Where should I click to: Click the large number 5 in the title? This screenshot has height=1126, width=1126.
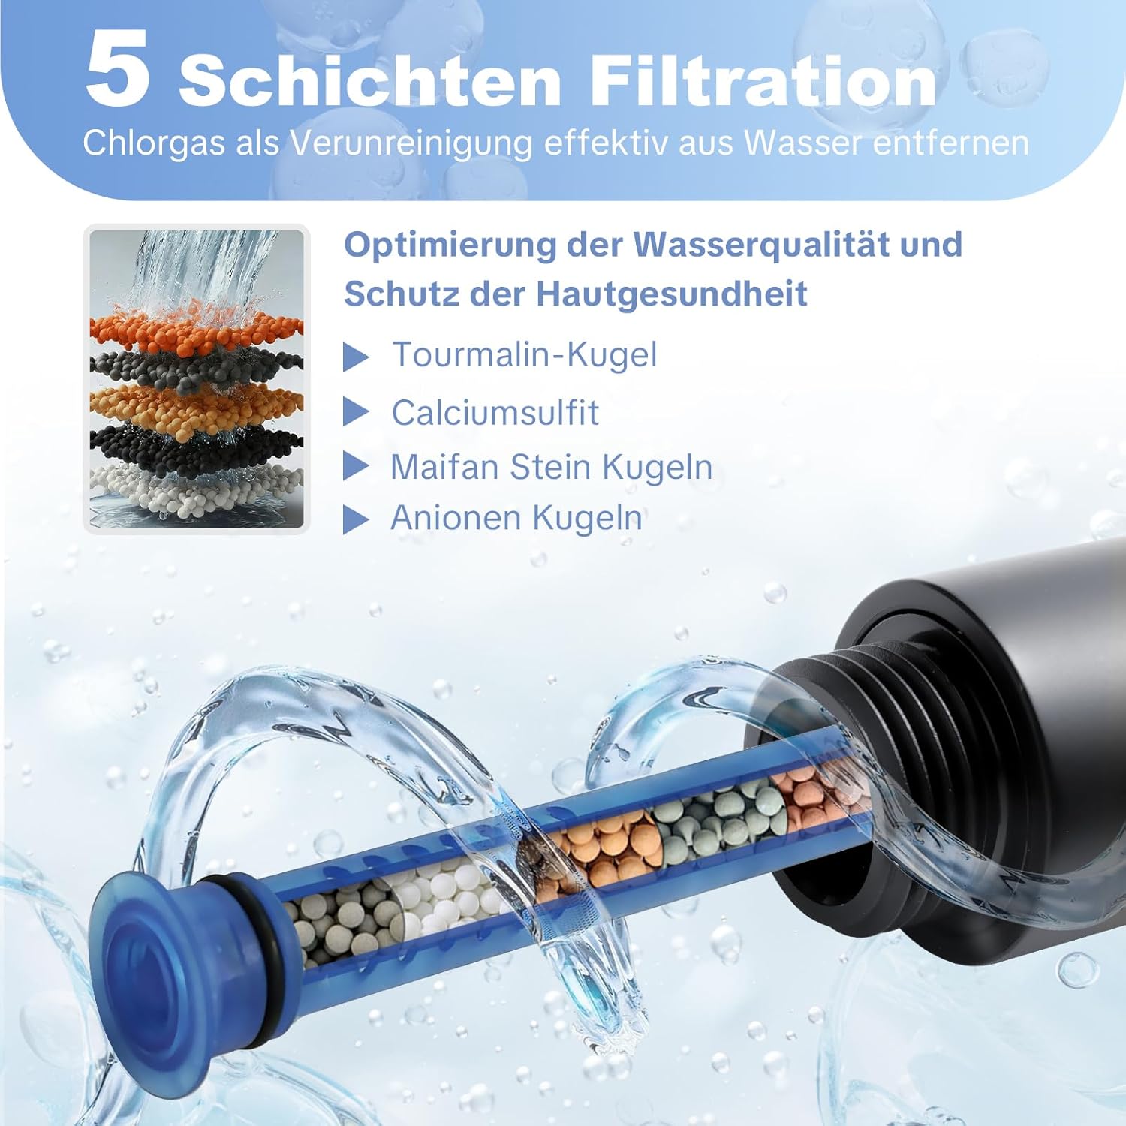(x=118, y=69)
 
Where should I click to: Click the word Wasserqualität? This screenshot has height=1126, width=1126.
(x=798, y=245)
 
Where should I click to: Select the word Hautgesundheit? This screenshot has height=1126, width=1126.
(x=671, y=294)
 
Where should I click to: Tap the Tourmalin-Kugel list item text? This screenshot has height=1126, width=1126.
(x=525, y=355)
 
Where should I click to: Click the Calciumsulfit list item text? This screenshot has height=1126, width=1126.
(x=495, y=413)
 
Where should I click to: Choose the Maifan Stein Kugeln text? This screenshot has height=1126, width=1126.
(x=552, y=467)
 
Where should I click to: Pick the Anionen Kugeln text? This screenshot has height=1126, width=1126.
(x=516, y=518)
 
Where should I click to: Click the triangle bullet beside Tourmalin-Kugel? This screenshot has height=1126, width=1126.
(x=355, y=357)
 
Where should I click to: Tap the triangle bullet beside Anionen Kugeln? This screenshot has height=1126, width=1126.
(x=355, y=519)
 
